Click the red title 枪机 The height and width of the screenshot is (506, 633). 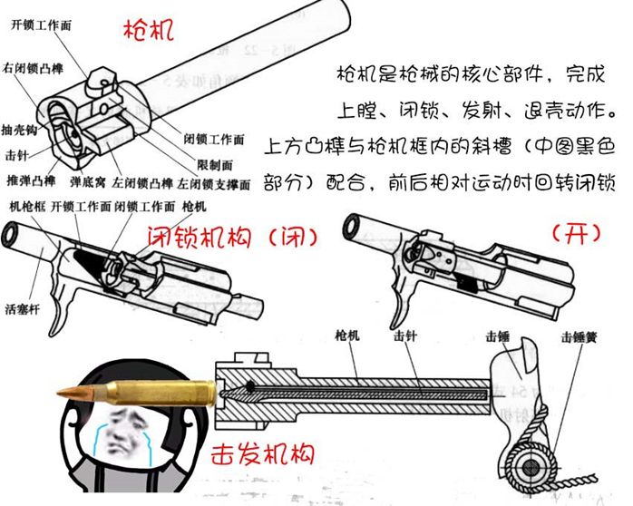click(149, 30)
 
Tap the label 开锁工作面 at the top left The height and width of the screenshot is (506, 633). click(41, 25)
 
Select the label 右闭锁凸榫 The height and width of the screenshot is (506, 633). click(34, 69)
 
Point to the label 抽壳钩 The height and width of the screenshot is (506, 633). click(19, 130)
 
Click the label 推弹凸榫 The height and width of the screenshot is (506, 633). click(32, 180)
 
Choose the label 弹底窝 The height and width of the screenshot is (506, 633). click(88, 182)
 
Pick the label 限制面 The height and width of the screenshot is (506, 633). click(215, 165)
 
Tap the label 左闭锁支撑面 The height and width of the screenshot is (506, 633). click(214, 184)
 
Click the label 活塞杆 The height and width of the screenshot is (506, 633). click(23, 309)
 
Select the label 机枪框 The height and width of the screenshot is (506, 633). click(27, 207)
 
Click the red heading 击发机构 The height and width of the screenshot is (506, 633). click(262, 454)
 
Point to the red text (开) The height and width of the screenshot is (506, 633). click(576, 233)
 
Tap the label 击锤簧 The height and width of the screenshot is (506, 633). click(579, 337)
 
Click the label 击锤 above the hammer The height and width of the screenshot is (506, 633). click(497, 337)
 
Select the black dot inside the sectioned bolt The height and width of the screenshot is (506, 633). click(250, 386)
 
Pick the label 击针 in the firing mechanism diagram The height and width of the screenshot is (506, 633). click(405, 336)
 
